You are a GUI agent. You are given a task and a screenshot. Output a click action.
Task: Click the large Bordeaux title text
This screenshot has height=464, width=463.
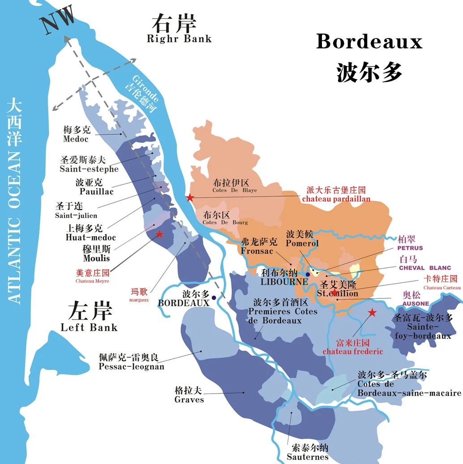pos(369,42)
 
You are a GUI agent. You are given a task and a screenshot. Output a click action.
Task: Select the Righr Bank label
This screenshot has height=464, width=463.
pos(179,39)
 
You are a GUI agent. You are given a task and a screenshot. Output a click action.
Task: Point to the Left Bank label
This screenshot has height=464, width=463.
pos(89,327)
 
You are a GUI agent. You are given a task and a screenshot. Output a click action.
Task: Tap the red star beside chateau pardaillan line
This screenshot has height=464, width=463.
pos(190,198)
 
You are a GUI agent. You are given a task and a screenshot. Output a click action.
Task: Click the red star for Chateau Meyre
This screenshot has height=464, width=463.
pos(159,234)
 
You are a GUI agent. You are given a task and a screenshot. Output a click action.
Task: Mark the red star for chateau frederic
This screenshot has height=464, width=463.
pos(372,313)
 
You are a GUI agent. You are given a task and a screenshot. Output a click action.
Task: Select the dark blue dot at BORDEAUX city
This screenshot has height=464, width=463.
pos(214,297)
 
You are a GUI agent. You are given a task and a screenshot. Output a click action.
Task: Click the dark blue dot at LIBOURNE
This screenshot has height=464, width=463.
pos(308,274)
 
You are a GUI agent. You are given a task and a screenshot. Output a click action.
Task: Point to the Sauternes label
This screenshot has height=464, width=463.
pos(308,457)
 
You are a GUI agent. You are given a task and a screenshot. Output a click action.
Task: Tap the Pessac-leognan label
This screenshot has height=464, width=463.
pos(131,367)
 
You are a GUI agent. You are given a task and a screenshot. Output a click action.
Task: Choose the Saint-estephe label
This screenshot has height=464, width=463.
pos(89,169)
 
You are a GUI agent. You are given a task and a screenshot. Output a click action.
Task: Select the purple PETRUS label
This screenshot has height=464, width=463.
pos(409,248)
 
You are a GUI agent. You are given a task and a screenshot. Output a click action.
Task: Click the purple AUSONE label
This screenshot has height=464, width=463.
pos(416,304)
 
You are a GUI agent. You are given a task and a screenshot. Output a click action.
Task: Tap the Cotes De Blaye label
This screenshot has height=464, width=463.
pos(235,190)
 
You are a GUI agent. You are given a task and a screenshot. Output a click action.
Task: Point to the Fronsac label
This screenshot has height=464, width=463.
pos(257,251)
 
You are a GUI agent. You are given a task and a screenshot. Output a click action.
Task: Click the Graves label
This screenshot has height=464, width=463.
pos(189,400)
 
